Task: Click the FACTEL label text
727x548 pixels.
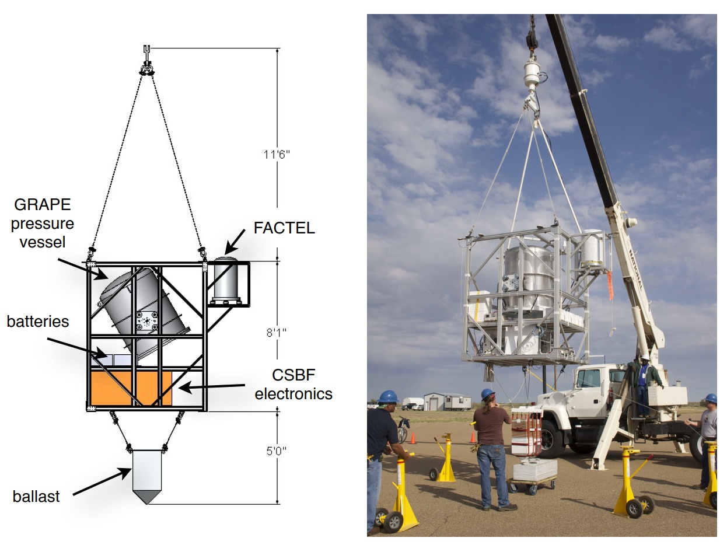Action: (x=284, y=228)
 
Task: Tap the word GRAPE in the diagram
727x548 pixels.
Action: (x=43, y=204)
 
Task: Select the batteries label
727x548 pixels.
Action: (x=38, y=322)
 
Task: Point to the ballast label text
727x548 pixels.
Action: (x=36, y=496)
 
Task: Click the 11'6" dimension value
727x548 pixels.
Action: (x=277, y=154)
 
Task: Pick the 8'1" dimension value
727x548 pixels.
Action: (x=276, y=332)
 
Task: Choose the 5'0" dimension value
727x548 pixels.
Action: (x=276, y=451)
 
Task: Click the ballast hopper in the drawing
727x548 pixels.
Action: (x=146, y=476)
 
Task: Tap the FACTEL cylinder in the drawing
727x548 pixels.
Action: (x=226, y=281)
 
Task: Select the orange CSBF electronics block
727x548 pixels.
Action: (x=131, y=388)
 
